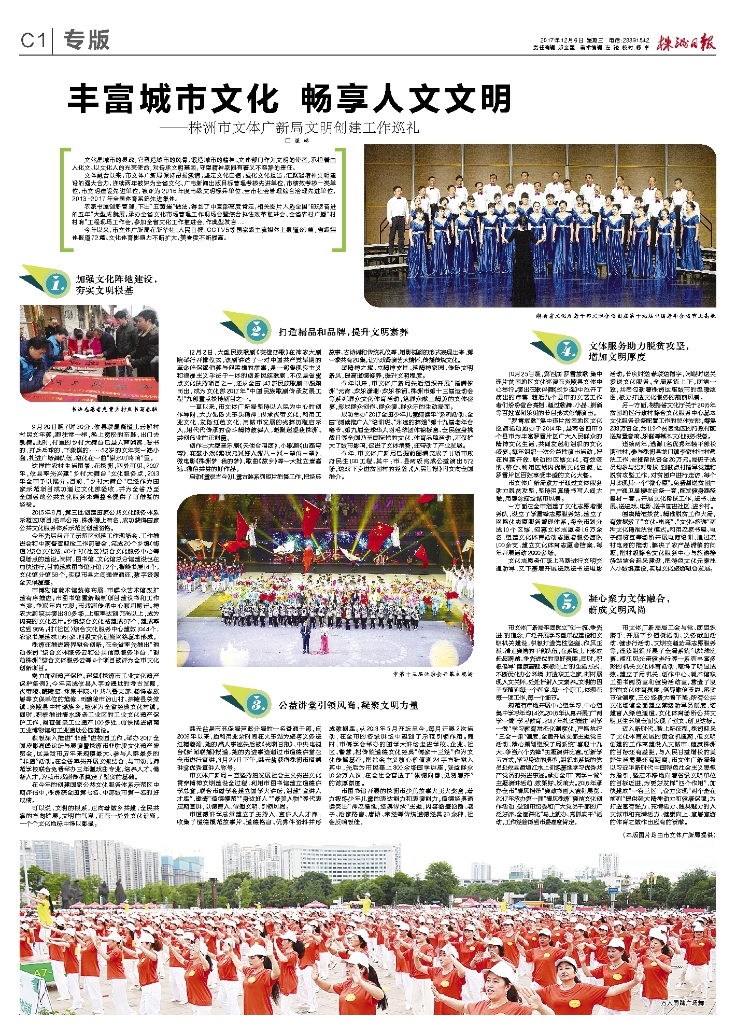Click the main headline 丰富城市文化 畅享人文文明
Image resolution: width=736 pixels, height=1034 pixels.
pyautogui.click(x=290, y=99)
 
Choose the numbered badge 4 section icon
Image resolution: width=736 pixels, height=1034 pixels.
pyautogui.click(x=568, y=351)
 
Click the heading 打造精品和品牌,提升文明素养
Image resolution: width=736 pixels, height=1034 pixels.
pyautogui.click(x=343, y=332)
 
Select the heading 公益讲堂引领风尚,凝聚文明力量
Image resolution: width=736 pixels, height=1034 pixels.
pyautogui.click(x=348, y=705)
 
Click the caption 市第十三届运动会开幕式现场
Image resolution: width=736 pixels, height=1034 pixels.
pyautogui.click(x=433, y=675)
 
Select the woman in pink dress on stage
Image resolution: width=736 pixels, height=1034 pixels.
pyautogui.click(x=324, y=641)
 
